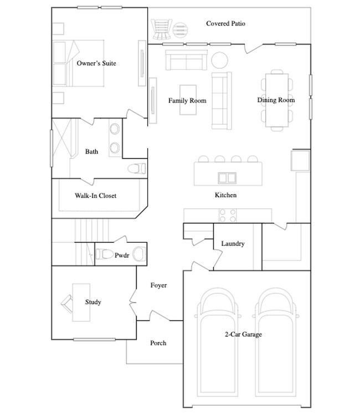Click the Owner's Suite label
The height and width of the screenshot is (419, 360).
96,63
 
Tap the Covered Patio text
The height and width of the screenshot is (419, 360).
226,24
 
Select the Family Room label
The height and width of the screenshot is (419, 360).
187,101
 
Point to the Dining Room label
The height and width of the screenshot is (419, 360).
276,100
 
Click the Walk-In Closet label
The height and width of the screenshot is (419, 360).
96,196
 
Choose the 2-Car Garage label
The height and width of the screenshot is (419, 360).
243,334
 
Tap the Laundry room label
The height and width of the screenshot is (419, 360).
233,244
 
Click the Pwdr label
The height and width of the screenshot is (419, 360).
122,256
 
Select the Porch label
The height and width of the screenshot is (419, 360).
158,343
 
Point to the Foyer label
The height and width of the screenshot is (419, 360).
159,285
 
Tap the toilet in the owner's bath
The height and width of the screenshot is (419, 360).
135,168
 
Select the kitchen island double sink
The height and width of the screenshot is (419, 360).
227,178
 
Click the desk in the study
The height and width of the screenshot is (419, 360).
81,302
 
